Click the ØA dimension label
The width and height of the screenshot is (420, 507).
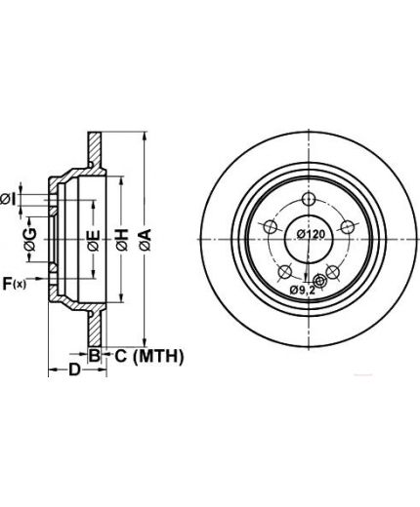[x=146, y=240]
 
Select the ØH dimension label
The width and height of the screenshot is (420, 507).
[x=122, y=240]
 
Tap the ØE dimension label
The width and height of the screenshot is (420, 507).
[x=94, y=240]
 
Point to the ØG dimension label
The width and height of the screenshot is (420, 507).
[x=30, y=240]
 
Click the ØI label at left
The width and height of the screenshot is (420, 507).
[x=8, y=199]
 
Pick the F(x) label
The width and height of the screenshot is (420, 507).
[x=14, y=284]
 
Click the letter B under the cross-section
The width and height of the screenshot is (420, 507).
[x=94, y=355]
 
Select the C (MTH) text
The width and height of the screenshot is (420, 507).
[x=149, y=356]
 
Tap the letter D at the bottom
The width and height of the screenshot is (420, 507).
[x=74, y=370]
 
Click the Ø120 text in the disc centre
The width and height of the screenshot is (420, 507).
[x=311, y=234]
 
